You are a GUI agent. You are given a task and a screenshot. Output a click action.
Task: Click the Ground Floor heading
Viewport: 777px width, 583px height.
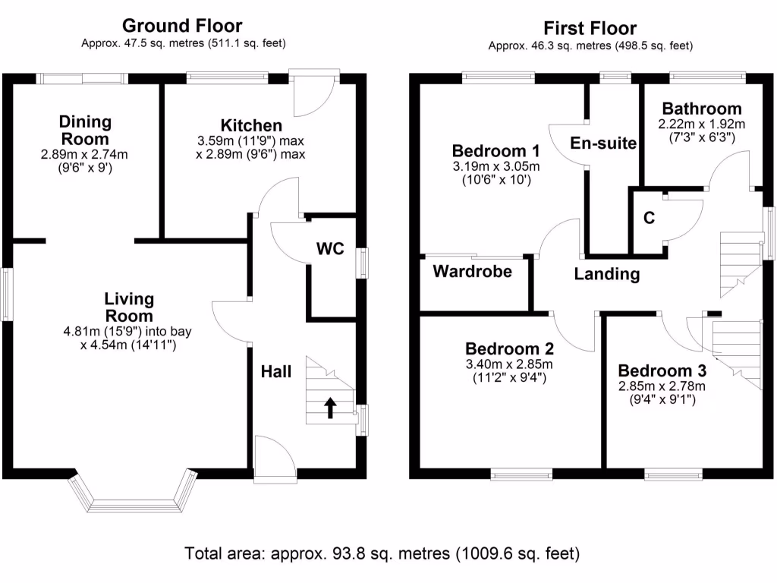[x=182, y=27]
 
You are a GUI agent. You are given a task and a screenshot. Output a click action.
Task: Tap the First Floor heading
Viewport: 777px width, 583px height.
[x=590, y=29]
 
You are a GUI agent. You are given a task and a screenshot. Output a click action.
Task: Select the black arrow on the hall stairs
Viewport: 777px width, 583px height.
[x=331, y=408]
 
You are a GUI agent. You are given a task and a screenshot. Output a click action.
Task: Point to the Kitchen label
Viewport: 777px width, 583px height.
[x=251, y=125]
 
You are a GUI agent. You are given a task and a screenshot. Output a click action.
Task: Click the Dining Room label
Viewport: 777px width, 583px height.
[x=85, y=130]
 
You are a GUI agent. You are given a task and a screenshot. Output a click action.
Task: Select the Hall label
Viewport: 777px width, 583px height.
[x=276, y=371]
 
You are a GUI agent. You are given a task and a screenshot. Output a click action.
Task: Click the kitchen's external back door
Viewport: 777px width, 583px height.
[x=313, y=91]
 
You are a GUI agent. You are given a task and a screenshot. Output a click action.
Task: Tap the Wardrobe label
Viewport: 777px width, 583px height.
[x=472, y=271]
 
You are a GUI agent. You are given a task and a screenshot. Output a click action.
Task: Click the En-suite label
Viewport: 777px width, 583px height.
[x=603, y=143]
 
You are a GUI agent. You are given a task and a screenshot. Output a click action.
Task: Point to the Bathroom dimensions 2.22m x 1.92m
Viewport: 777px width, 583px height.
[x=702, y=124]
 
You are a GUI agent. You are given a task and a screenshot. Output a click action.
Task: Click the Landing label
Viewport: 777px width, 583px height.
[x=606, y=274]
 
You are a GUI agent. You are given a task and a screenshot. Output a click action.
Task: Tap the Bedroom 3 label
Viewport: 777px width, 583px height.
[x=662, y=371]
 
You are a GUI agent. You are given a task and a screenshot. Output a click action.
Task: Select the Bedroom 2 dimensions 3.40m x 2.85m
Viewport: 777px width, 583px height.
[x=509, y=364]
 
